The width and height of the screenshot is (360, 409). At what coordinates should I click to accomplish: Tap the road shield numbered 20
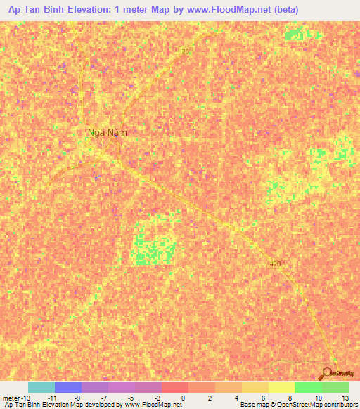click(x=186, y=51)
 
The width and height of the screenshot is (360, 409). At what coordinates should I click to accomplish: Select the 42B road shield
click(x=275, y=264)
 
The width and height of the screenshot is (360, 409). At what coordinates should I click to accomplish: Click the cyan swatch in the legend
click(x=41, y=387)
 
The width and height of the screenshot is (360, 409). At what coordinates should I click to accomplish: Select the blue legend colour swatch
click(x=67, y=387)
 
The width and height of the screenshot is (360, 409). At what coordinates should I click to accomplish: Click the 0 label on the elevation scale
click(x=184, y=397)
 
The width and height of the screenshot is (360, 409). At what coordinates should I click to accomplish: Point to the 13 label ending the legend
click(x=345, y=397)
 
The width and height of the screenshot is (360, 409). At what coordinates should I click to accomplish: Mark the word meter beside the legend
click(x=12, y=397)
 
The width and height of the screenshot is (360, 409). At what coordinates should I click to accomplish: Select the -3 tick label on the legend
click(x=156, y=397)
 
